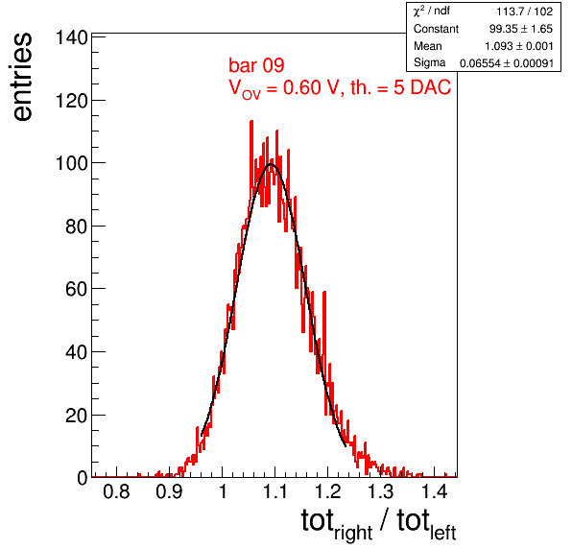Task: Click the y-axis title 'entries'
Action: point(23,77)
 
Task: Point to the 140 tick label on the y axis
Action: point(71,37)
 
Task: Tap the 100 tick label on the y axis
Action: point(71,163)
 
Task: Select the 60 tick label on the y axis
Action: point(77,289)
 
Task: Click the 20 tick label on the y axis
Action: point(77,416)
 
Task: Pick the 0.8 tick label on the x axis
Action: point(116,491)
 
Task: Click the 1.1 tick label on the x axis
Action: point(275,491)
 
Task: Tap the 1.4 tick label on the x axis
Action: point(434,491)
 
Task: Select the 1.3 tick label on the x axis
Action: point(381,491)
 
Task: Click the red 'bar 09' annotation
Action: point(256,65)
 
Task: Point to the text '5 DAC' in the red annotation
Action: point(422,87)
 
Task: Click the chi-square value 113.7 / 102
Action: point(525,12)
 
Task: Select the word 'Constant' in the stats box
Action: point(436,29)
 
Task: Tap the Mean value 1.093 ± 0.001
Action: point(519,46)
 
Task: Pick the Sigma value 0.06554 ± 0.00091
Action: point(507,63)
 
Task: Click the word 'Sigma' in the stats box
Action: point(429,62)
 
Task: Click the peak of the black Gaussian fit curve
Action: point(271,164)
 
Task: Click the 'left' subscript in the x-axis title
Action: point(443,533)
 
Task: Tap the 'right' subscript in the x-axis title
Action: point(353,534)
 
